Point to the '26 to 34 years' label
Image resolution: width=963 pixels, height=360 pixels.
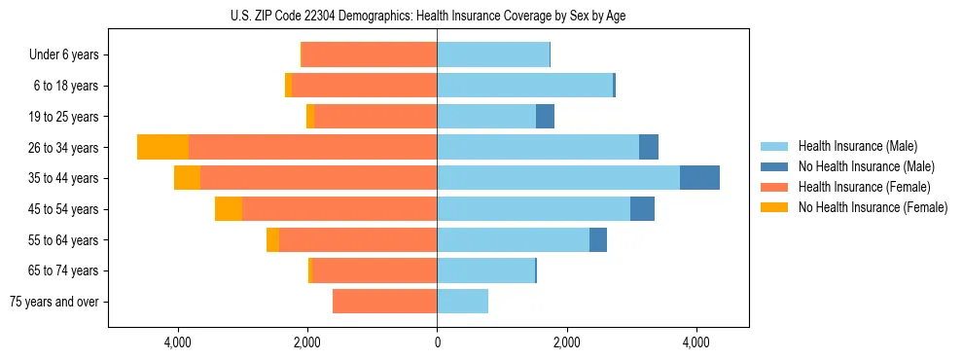[65, 148]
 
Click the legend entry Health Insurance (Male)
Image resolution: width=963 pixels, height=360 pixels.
[857, 146]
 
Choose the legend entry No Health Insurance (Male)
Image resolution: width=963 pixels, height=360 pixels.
[866, 166]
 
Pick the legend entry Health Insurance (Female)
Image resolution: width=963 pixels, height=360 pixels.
[864, 187]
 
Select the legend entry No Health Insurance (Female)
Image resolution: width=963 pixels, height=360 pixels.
[873, 207]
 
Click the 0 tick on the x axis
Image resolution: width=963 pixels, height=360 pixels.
[437, 342]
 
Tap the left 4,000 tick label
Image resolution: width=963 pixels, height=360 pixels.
[178, 342]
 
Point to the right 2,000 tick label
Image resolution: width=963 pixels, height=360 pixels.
[566, 342]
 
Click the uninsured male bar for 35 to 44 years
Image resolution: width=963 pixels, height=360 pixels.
[699, 178]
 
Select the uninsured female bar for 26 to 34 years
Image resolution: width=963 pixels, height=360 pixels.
[162, 147]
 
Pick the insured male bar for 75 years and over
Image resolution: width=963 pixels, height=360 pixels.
[462, 302]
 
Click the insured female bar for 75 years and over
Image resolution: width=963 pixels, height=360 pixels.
[384, 302]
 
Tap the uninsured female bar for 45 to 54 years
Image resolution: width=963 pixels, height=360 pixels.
[229, 209]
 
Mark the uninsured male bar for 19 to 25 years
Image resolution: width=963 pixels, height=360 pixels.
[545, 117]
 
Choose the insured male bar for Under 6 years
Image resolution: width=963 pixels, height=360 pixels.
[493, 54]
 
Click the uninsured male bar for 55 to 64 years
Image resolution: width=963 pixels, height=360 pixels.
[598, 240]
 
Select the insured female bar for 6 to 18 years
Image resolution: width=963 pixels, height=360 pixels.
[364, 86]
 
